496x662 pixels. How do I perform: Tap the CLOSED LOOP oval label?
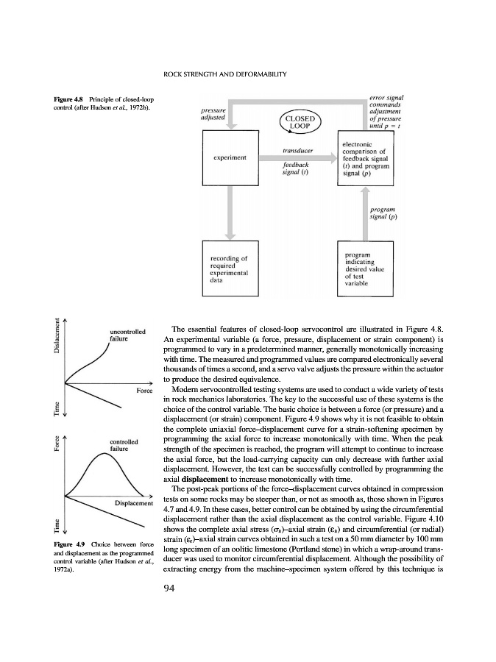[299, 123]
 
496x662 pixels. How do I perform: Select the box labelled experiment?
[229, 158]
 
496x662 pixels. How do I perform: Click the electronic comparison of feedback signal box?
[365, 158]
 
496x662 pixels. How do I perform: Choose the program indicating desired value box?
[365, 269]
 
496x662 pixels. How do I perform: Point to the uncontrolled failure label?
[128, 336]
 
